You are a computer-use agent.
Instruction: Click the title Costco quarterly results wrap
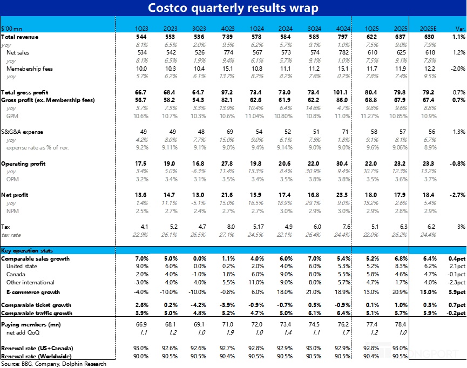[x=233, y=8]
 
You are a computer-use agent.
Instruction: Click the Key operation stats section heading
[x=27, y=251]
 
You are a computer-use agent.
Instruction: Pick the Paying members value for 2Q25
[x=401, y=325]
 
